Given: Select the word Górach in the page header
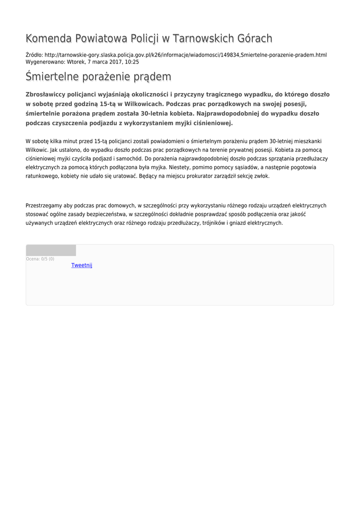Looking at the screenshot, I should pos(253,39).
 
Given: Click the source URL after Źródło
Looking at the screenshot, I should pos(185,55).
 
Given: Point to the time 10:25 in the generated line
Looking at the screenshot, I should pos(132,62).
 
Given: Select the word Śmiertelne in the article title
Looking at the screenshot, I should pos(52,77).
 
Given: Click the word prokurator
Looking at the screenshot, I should pos(199,176).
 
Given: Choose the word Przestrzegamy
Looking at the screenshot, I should pos(44,205).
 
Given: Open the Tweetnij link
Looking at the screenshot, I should pos(82,265).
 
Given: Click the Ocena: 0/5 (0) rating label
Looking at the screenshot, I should pos(40,259).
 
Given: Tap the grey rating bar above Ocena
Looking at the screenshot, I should pos(51,251).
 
